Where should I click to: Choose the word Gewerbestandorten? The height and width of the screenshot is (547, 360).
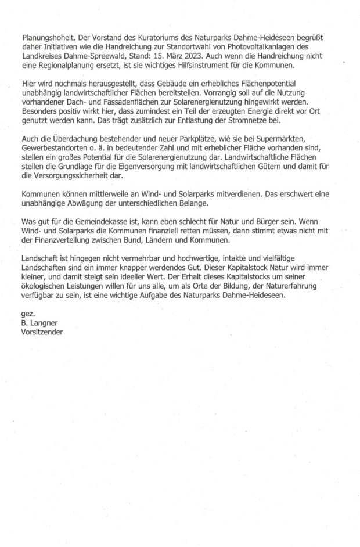[x=60, y=149]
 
